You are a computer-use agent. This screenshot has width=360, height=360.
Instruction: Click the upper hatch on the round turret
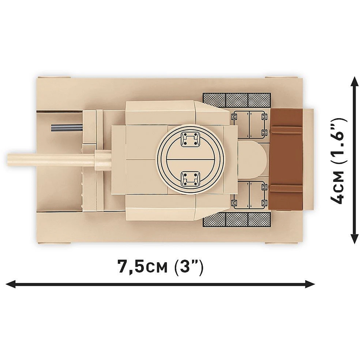point(189,140)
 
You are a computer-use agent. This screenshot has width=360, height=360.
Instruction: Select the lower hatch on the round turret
point(189,178)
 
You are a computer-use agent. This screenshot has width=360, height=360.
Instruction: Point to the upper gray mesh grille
point(237,100)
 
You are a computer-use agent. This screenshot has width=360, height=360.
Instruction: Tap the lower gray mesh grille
point(237,219)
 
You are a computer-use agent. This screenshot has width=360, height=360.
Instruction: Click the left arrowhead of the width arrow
point(11,284)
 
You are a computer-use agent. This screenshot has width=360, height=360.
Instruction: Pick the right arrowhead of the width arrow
point(311,284)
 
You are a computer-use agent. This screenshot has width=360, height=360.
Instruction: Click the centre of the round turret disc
point(189,159)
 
